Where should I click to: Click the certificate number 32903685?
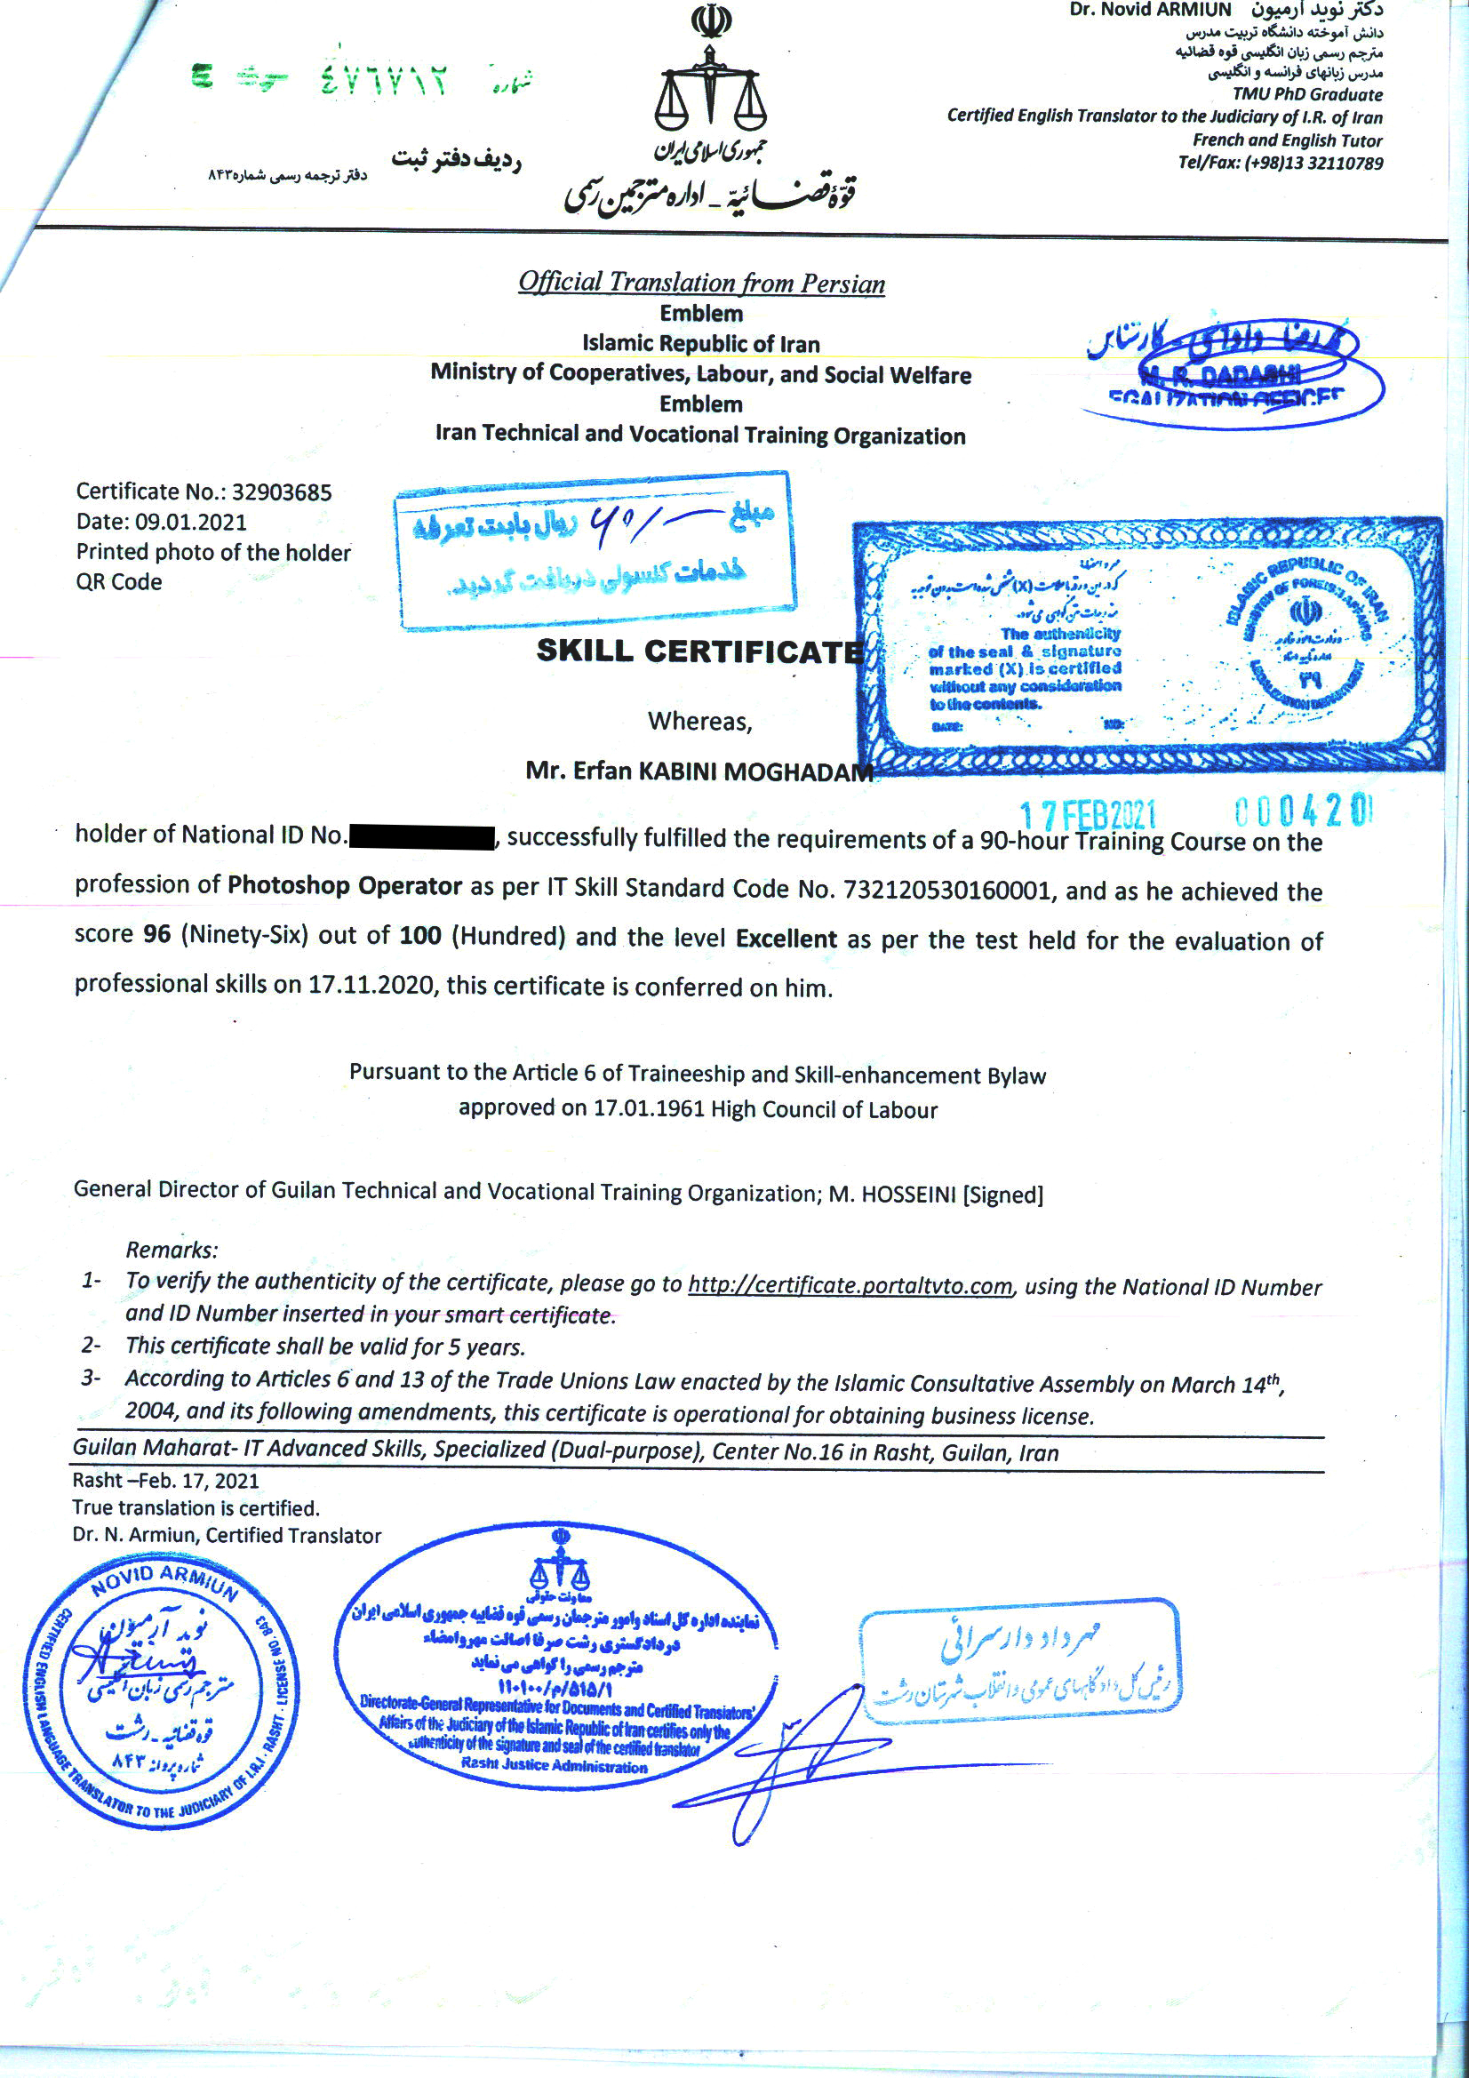tap(282, 492)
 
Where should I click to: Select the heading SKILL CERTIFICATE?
tap(699, 651)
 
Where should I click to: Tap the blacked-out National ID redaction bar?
tap(422, 835)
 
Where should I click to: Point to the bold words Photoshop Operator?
tap(345, 884)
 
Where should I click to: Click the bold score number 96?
tap(156, 933)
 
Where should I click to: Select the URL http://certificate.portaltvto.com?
tap(849, 1284)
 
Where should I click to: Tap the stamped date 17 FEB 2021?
tap(1087, 814)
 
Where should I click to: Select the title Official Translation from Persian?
tap(701, 283)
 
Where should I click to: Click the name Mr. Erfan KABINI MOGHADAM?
tap(699, 771)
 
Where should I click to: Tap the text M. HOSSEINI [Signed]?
tap(936, 1194)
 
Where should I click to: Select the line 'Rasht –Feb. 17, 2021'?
tap(165, 1480)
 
